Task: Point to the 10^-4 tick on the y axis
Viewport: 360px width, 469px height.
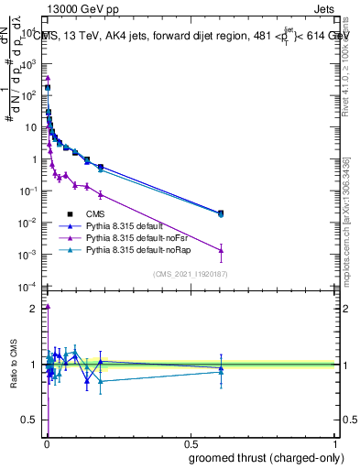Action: click(x=29, y=287)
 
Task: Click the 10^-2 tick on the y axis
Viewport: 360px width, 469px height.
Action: click(x=29, y=223)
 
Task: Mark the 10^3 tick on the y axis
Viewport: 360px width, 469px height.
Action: click(x=30, y=63)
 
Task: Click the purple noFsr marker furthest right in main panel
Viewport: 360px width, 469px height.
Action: click(x=221, y=250)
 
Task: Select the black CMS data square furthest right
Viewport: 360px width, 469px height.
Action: click(x=221, y=213)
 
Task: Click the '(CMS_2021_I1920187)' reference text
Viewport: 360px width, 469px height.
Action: click(x=190, y=275)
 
